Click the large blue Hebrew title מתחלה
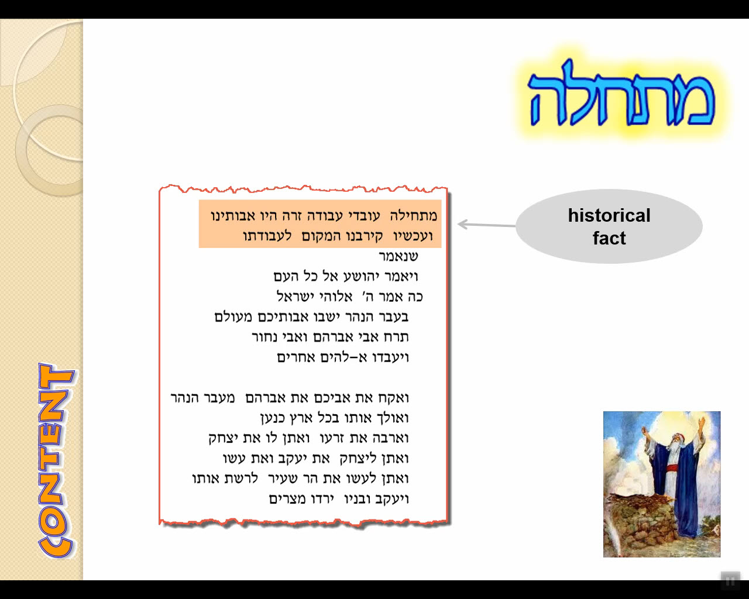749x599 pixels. click(622, 93)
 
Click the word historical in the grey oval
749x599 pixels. click(609, 215)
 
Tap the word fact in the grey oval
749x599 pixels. click(609, 239)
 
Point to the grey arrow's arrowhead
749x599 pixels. click(462, 224)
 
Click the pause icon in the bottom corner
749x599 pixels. click(730, 581)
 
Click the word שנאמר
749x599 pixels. click(398, 257)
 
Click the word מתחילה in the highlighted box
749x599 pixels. click(414, 216)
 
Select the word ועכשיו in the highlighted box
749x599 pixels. click(413, 236)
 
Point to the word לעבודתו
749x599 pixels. click(267, 236)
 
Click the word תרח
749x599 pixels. click(396, 337)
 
